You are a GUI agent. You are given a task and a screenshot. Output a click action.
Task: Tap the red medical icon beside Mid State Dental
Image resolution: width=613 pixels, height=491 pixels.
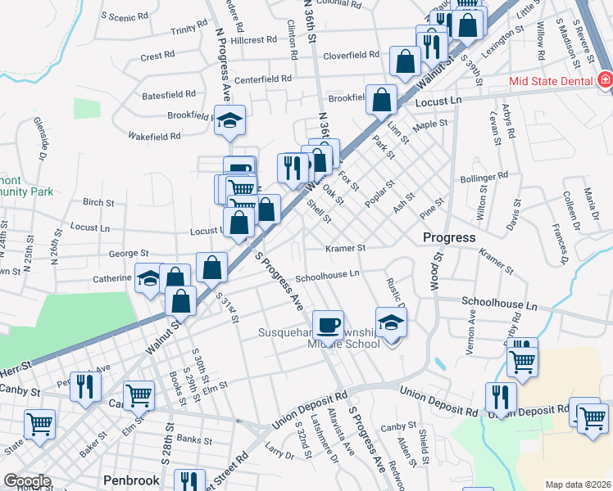[x=605, y=80]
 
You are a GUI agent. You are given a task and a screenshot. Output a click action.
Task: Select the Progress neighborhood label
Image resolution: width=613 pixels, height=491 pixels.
[x=449, y=237]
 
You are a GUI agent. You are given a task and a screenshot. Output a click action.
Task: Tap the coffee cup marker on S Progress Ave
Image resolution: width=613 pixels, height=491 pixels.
[x=328, y=326]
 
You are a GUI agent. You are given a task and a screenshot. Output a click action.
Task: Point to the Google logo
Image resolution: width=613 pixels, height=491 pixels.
[x=27, y=481]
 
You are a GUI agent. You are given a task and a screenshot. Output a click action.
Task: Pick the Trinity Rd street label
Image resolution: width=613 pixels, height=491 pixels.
[x=188, y=30]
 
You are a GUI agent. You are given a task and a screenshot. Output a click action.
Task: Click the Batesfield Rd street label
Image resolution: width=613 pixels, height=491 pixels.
[x=169, y=95]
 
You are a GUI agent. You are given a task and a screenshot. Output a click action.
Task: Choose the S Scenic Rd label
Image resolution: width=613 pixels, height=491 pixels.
[x=125, y=16]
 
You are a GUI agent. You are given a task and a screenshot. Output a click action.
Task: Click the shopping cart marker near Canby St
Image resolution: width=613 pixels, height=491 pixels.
[x=138, y=396]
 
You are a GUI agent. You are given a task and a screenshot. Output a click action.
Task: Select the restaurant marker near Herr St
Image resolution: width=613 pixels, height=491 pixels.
[x=85, y=385]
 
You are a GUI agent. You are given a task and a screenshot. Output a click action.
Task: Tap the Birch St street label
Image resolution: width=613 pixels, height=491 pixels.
[x=98, y=202]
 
